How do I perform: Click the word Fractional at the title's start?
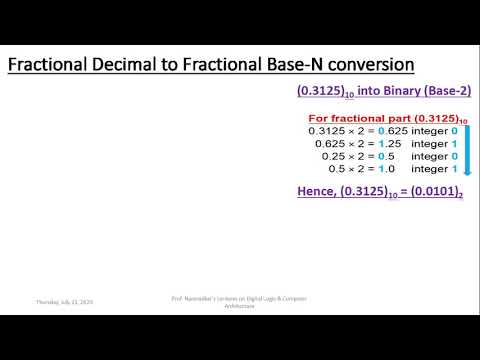coord(50,65)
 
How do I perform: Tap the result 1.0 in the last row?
coord(378,169)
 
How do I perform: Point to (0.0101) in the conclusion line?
coord(426,191)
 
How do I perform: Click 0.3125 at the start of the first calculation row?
coord(328,130)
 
